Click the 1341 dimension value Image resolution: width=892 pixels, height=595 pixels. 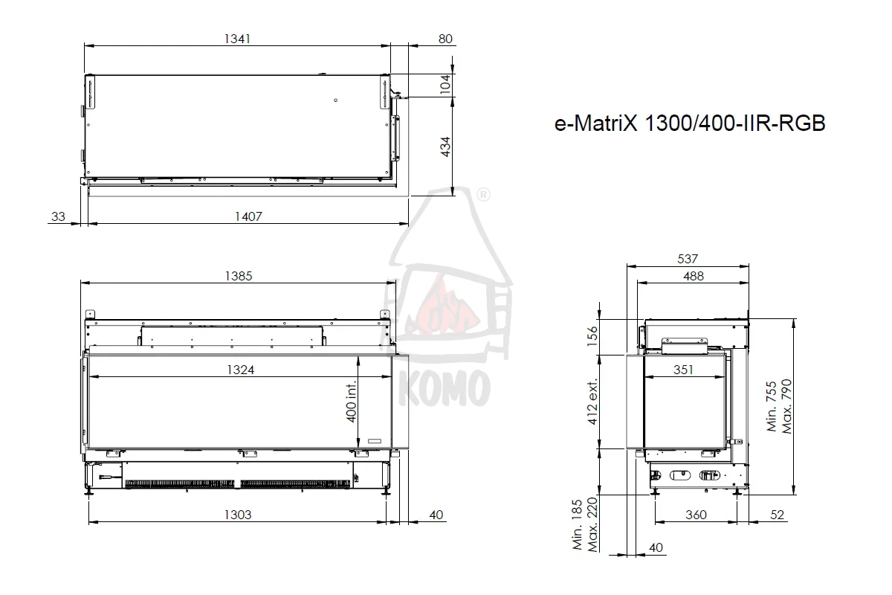[x=237, y=39]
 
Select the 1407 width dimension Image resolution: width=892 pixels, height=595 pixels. [x=248, y=216]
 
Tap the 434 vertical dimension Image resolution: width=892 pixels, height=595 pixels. [x=445, y=147]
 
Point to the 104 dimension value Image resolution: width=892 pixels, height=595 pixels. [x=445, y=85]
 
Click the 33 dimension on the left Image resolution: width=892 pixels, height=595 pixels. [x=58, y=216]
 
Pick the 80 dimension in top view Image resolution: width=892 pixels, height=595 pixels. [x=445, y=39]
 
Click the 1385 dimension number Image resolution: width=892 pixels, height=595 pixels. [x=239, y=276]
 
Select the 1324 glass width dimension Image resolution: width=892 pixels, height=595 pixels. [x=241, y=370]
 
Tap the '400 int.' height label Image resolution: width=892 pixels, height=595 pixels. [x=351, y=402]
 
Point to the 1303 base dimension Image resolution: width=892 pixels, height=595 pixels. [x=238, y=515]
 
